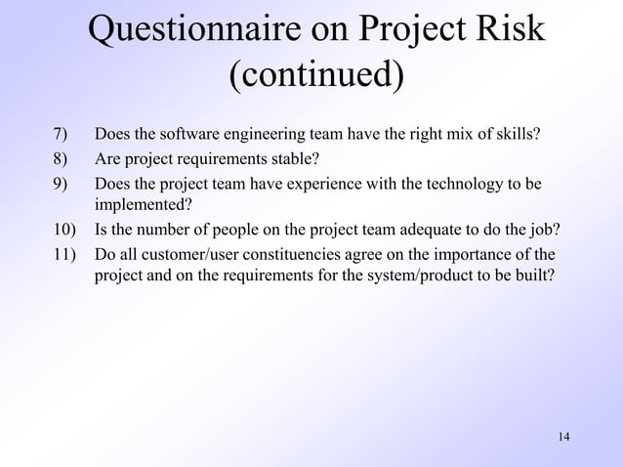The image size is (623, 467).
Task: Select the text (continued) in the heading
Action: [x=315, y=74]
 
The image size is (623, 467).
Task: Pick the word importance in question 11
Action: [x=473, y=255]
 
